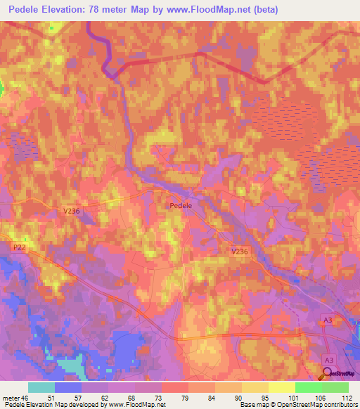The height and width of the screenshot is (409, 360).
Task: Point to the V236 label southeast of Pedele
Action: pos(240,250)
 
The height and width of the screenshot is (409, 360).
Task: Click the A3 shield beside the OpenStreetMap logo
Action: pos(328,360)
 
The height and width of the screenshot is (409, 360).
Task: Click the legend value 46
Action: pos(27,398)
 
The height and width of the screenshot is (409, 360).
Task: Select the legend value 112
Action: pos(347,398)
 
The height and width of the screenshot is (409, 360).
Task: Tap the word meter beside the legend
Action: pos(11,398)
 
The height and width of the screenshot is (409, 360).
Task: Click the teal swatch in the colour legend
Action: pos(41,387)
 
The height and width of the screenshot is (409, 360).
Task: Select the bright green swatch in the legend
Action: pos(309,387)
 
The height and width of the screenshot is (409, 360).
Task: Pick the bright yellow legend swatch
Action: pos(282,387)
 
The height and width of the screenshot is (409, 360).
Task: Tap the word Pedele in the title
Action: pos(25,10)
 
